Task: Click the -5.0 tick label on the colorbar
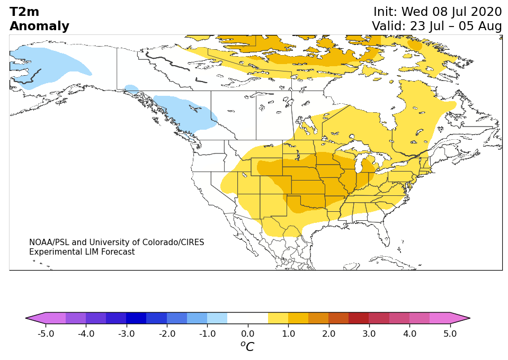(x=46, y=334)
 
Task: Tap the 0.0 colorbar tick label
(x=248, y=334)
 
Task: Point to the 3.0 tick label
(x=369, y=334)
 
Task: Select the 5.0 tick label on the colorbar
(x=450, y=334)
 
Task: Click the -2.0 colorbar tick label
(x=167, y=334)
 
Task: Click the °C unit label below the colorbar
(x=247, y=346)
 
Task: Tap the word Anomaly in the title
(x=40, y=26)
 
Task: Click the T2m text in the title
(x=24, y=12)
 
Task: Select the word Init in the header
(x=385, y=12)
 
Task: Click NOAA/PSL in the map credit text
(x=49, y=242)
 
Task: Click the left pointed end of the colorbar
(x=26, y=318)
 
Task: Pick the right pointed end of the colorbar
(x=470, y=318)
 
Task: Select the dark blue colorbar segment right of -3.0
(x=136, y=318)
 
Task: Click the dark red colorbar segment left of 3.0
(x=359, y=318)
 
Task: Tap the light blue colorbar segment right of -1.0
(x=217, y=318)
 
